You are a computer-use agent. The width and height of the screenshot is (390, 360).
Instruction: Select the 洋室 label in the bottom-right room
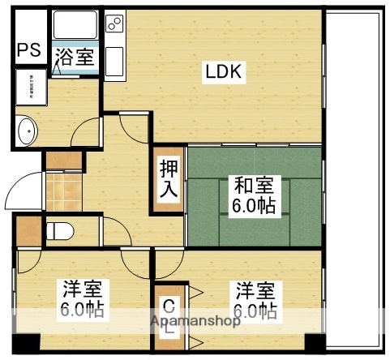coord(255,289)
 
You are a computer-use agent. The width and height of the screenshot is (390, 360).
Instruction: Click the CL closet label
coord(168,316)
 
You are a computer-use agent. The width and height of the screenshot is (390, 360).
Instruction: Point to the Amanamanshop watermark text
coord(195,321)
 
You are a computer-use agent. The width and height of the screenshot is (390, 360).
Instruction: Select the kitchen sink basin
coord(114,60)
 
